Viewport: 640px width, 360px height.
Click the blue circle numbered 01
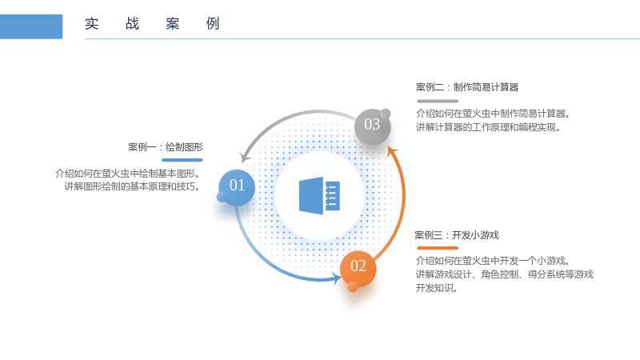237,187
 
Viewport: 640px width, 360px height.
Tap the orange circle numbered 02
358,269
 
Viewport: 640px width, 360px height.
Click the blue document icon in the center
319,196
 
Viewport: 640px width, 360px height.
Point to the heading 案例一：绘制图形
166,147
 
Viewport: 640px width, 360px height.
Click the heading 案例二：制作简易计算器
467,87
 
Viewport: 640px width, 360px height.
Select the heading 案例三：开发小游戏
457,235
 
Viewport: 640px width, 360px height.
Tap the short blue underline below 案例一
182,160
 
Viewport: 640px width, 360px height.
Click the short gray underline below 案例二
438,101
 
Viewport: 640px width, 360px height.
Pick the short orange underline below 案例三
438,248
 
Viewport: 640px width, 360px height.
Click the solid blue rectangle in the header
31,26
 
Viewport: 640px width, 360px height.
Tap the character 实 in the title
92,24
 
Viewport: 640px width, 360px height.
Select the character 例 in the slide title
213,24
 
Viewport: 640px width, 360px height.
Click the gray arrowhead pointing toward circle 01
245,157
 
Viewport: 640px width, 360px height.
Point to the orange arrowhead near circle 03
392,152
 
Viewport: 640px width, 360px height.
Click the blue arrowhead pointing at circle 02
338,278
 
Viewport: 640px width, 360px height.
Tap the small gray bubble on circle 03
386,114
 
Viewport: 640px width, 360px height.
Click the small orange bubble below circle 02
353,287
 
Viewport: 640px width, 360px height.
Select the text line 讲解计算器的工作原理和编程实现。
488,127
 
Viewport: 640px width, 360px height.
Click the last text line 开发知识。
436,288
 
